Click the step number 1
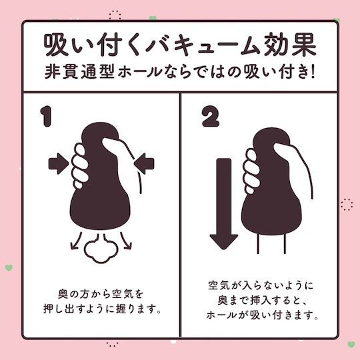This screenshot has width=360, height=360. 46,116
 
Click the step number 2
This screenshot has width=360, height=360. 211,117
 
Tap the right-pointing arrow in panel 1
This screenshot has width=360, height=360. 59,164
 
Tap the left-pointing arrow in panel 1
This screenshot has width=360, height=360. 144,164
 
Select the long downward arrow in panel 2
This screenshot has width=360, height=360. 223,203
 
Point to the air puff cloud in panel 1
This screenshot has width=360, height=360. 101,249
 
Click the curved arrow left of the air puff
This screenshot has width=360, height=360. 77,241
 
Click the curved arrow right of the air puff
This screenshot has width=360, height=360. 126,241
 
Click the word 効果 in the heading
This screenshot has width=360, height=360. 290,45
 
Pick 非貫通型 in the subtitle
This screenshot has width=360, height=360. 79,72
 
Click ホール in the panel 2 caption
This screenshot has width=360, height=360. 221,315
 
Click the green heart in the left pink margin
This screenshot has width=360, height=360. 9,268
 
